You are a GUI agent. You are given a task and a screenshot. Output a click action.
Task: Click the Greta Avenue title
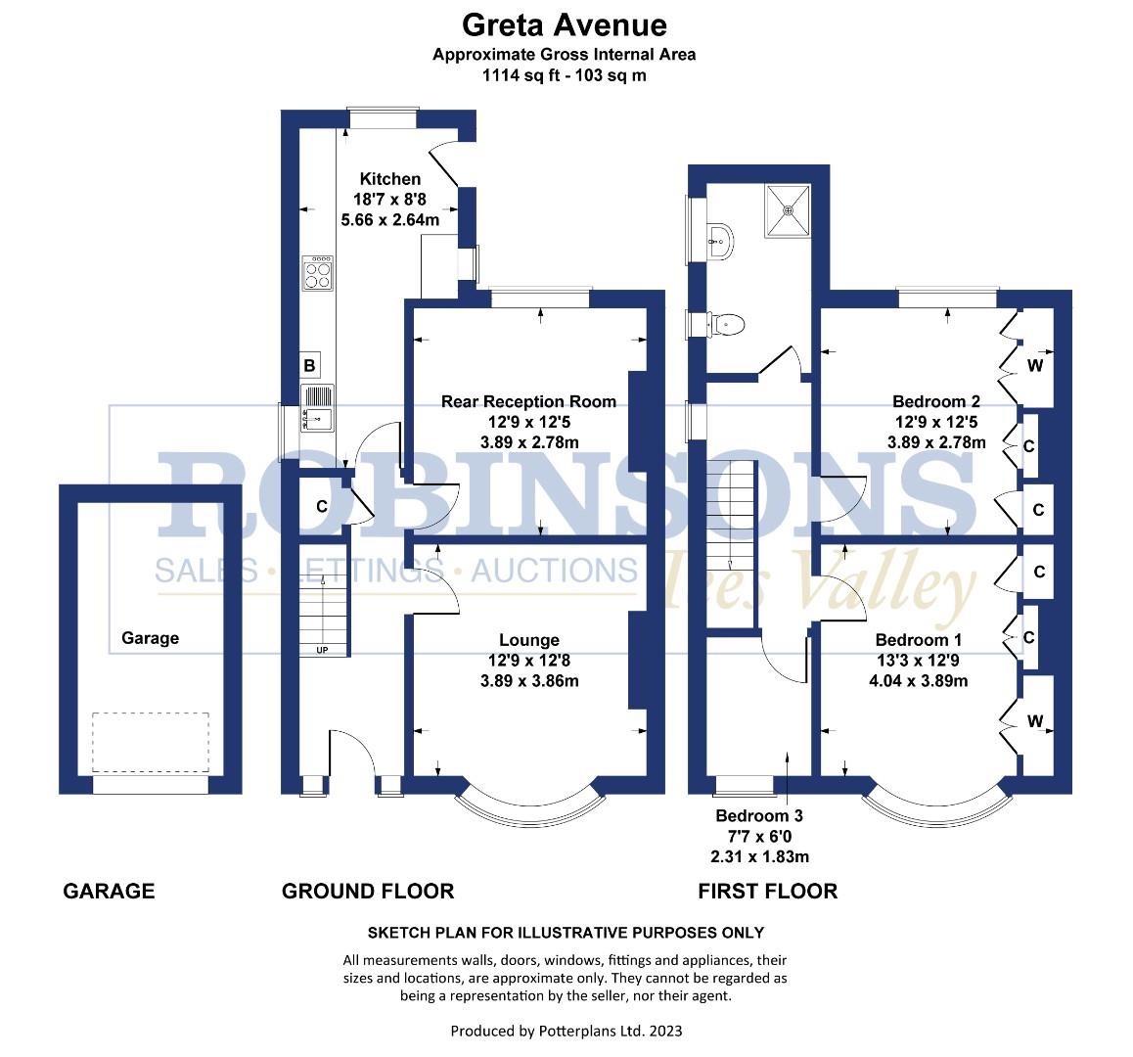pos(564,25)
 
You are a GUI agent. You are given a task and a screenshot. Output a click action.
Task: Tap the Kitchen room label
pos(390,179)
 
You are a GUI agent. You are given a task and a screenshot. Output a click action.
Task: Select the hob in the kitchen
pos(318,273)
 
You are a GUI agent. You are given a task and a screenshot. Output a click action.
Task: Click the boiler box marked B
pos(309,365)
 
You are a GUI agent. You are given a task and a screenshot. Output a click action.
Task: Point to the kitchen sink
pos(317,408)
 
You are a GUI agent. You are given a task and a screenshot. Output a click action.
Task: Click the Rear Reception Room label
pos(529,402)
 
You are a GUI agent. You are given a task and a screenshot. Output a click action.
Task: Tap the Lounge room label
pos(529,640)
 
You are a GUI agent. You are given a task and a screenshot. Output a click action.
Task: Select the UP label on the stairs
pos(322,650)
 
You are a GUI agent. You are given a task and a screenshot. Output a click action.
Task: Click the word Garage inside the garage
pos(151,638)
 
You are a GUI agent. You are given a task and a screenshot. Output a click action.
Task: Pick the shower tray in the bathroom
pos(789,210)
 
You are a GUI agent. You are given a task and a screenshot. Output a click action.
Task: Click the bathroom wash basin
pos(720,241)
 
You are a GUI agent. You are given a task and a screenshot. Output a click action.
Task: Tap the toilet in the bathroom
pos(725,325)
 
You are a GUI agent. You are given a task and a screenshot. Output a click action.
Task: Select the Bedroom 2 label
pos(935,402)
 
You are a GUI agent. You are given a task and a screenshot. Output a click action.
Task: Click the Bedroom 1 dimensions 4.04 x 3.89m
pos(919,681)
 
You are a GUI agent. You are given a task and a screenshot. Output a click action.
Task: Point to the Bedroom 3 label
pos(758,816)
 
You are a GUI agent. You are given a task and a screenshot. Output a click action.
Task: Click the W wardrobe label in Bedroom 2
pos(1035,366)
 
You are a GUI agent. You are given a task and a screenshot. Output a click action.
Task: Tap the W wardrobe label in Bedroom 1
pos(1035,721)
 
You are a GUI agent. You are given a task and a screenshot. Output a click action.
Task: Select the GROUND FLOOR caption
pos(368,892)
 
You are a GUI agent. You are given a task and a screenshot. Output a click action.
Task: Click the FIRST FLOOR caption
pos(767,892)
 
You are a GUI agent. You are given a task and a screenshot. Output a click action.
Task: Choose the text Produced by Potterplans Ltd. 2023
pos(566,1031)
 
